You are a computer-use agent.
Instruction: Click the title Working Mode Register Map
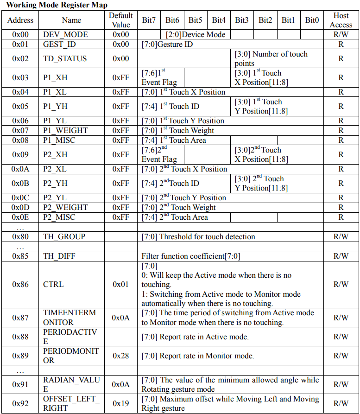tap(57, 5)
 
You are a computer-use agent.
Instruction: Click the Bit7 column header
tap(149, 20)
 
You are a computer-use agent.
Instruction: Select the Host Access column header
tap(341, 20)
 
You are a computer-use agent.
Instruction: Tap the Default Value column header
tap(121, 20)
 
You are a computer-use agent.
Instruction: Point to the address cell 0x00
tap(20, 34)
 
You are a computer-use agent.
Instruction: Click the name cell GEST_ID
tap(59, 44)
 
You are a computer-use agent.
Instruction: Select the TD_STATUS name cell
tap(65, 58)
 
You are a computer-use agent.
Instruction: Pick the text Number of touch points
tap(271, 58)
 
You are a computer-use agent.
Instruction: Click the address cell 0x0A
tap(20, 169)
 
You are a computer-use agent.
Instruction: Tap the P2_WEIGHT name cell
tap(65, 207)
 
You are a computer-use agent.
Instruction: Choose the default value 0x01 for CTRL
tap(121, 284)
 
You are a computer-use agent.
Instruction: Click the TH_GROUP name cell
tap(64, 236)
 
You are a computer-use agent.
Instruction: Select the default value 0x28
tap(121, 356)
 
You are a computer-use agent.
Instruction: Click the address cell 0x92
tap(20, 403)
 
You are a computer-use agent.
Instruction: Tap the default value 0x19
tap(121, 403)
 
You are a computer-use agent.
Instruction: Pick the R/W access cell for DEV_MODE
tap(341, 34)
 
